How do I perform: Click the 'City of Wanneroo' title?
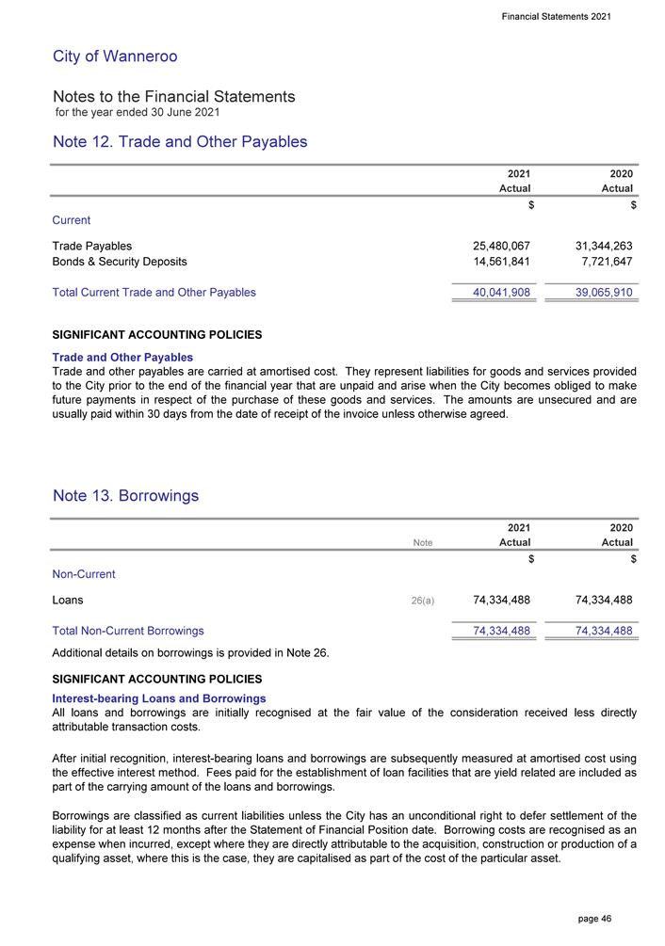tap(115, 56)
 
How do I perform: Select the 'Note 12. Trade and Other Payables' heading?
tap(180, 142)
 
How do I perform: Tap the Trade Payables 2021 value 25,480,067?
tap(495, 246)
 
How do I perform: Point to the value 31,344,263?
tap(595, 246)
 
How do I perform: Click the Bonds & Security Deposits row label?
tap(120, 262)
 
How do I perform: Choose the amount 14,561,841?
tap(495, 262)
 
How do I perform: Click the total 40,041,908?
tap(495, 293)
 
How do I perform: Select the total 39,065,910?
tap(595, 293)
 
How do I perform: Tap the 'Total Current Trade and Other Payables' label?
tap(154, 293)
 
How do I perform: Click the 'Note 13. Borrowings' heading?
tap(125, 496)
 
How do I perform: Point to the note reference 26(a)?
tap(423, 600)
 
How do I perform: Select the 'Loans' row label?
tap(68, 599)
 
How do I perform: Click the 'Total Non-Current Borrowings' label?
tap(128, 631)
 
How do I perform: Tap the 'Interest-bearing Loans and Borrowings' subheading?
tap(159, 698)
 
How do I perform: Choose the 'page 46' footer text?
tap(593, 918)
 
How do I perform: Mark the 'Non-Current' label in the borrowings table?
tap(85, 573)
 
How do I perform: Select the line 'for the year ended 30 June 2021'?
tap(138, 113)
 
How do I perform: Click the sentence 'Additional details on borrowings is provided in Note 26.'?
tap(191, 653)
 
